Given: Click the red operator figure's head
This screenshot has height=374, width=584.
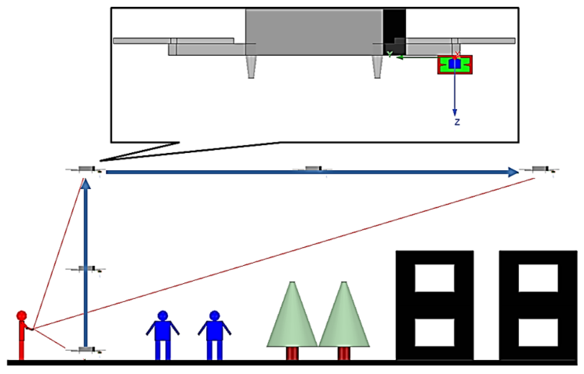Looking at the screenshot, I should pos(21,315).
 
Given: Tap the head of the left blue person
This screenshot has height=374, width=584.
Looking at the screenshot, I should pos(162,315).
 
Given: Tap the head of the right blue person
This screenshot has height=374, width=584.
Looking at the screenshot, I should pos(214,315).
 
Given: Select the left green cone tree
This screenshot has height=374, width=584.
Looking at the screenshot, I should pos(292,319).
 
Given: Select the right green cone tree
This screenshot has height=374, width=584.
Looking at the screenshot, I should pos(344,319).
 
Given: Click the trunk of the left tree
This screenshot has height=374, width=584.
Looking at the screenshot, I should pos(292,353).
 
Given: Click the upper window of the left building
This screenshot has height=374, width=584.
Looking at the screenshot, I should pos(434,278).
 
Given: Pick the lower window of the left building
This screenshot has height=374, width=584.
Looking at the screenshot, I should pos(434,332).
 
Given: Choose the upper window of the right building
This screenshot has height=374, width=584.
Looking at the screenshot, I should pos(538,278).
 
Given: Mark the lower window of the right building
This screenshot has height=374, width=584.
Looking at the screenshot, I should pos(538,332).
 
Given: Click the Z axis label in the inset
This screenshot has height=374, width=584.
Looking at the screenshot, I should pos(457,122).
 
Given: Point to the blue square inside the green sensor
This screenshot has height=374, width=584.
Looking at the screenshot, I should pos(455,64).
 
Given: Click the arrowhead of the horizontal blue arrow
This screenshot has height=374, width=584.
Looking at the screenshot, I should pos(513,172).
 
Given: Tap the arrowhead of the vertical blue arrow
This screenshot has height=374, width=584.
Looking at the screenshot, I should pos(85,184).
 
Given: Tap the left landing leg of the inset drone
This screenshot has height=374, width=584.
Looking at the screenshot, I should pos(251,67).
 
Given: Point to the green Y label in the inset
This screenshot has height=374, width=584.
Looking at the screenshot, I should pos(390,54).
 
